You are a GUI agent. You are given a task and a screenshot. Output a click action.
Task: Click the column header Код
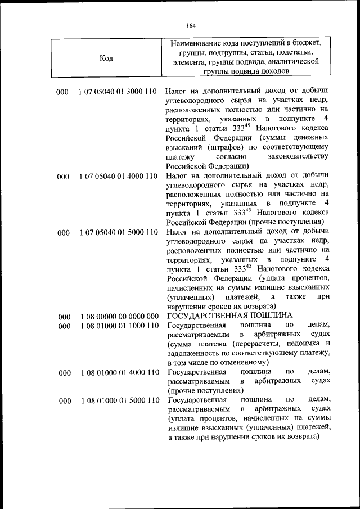pyautogui.click(x=106, y=57)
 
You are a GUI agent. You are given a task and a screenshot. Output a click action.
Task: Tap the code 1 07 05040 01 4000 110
pyautogui.click(x=118, y=177)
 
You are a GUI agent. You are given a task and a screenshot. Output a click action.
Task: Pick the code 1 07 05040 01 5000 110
pyautogui.click(x=118, y=232)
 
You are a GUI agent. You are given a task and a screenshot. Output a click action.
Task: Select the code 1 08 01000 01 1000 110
pyautogui.click(x=118, y=326)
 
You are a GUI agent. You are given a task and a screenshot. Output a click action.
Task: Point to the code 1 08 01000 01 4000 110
pyautogui.click(x=118, y=372)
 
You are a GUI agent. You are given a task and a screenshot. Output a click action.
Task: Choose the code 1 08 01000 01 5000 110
pyautogui.click(x=118, y=400)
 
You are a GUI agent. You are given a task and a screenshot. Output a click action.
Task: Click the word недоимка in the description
pyautogui.click(x=300, y=345)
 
